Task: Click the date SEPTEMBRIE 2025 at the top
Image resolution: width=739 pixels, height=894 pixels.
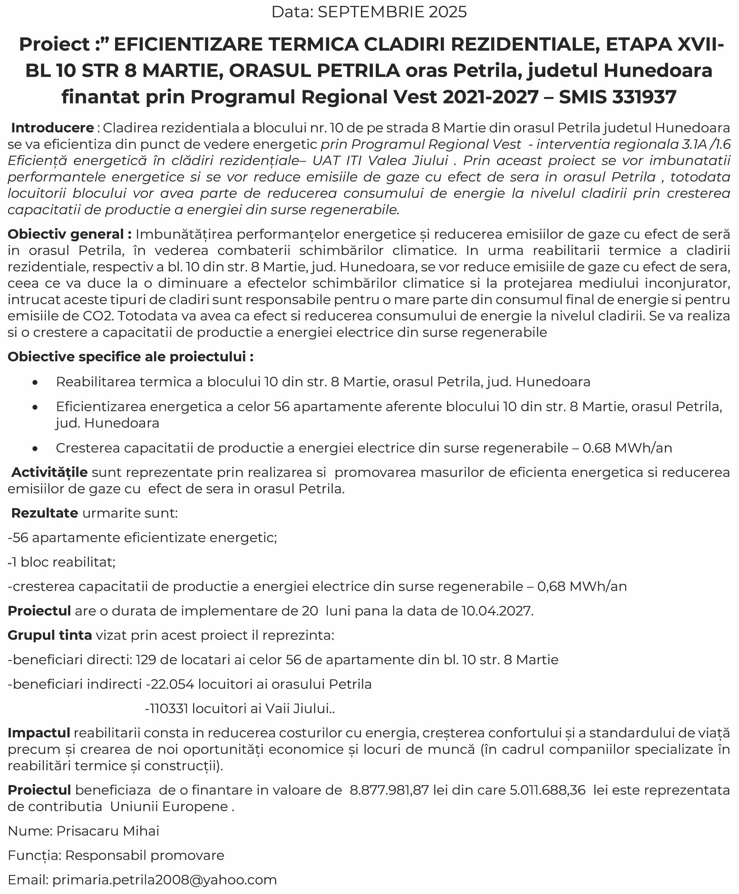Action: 392,12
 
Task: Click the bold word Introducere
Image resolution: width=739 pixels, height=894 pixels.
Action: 52,128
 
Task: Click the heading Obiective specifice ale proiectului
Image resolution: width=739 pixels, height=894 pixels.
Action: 131,357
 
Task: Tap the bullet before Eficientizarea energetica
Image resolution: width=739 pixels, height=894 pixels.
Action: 35,407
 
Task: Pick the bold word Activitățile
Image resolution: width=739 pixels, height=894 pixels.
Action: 49,472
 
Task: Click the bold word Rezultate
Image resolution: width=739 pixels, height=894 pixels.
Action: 44,513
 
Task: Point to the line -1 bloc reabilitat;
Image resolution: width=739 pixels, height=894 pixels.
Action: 62,562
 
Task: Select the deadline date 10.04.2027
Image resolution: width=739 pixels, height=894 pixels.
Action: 497,611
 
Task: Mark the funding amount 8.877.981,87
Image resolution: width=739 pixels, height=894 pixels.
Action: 389,790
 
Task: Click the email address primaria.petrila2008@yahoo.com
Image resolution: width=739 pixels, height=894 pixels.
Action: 164,880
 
